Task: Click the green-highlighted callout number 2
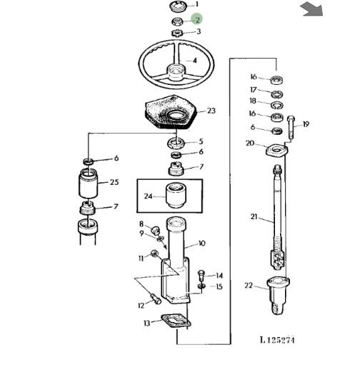pos(197,19)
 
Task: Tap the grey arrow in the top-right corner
pos(312,9)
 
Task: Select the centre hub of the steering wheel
pos(176,72)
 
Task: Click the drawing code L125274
pos(277,339)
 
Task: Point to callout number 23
pos(211,111)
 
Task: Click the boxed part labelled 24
pos(176,196)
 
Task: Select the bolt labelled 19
pos(291,127)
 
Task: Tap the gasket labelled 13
pos(176,321)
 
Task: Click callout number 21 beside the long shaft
pos(254,217)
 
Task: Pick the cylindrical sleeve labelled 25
pos(88,183)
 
